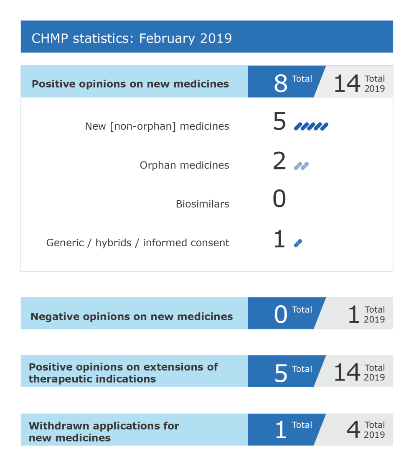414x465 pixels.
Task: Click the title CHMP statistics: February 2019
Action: click(x=132, y=38)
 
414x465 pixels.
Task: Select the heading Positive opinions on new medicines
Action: click(x=130, y=84)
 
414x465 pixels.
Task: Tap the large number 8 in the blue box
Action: click(x=281, y=83)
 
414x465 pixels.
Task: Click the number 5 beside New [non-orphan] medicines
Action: click(x=279, y=122)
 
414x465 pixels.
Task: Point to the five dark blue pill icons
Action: click(x=311, y=126)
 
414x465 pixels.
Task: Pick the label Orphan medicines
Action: click(x=184, y=165)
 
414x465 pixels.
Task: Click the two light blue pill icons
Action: click(x=301, y=166)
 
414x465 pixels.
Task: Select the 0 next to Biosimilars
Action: click(x=279, y=199)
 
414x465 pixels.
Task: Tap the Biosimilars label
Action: click(x=202, y=204)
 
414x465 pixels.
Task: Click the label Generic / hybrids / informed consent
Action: click(x=137, y=243)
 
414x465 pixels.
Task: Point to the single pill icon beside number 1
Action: click(x=298, y=243)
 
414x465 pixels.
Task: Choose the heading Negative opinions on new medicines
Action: click(x=132, y=317)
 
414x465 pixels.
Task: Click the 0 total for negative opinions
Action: click(x=281, y=315)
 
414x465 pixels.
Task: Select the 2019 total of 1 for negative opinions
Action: click(x=353, y=315)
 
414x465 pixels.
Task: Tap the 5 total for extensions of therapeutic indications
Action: click(x=281, y=373)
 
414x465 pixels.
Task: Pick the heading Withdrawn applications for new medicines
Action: click(x=104, y=432)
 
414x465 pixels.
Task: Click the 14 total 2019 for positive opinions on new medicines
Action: click(x=347, y=83)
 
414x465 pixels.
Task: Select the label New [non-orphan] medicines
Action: click(x=157, y=126)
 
